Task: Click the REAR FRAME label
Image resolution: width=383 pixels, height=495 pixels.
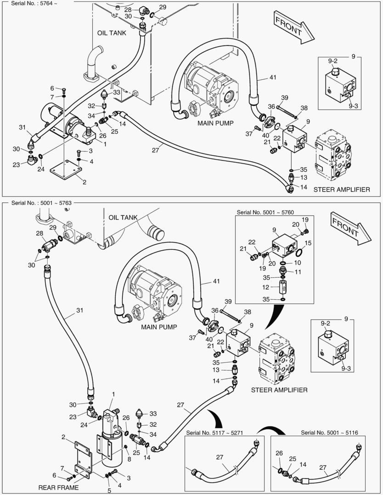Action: click(x=59, y=487)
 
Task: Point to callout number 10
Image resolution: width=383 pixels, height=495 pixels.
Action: click(x=298, y=263)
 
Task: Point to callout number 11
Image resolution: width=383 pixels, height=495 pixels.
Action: click(x=298, y=272)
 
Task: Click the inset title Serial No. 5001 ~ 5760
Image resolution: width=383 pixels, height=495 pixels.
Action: click(x=265, y=212)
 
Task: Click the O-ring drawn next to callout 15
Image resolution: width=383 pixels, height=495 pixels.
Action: click(x=299, y=253)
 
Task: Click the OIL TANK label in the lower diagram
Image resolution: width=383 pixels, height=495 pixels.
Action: click(x=123, y=217)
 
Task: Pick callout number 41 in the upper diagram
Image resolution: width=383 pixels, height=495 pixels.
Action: click(x=273, y=78)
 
